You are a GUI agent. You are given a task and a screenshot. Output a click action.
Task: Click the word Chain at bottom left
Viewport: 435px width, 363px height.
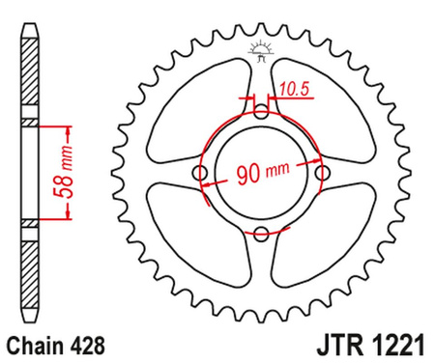[x=35, y=342]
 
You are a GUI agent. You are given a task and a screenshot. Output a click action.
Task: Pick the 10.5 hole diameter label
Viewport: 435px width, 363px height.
[x=290, y=92]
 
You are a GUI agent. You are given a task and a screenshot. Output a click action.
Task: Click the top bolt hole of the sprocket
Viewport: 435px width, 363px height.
[x=261, y=114]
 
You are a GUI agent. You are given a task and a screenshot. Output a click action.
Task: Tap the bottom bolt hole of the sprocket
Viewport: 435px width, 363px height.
[x=261, y=232]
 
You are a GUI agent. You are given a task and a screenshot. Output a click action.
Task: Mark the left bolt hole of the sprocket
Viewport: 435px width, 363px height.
[x=201, y=173]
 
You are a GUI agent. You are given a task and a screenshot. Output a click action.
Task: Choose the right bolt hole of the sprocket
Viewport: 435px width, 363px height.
[x=320, y=173]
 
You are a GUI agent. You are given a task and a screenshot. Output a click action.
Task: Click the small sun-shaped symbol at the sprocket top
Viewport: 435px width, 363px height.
[x=260, y=48]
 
